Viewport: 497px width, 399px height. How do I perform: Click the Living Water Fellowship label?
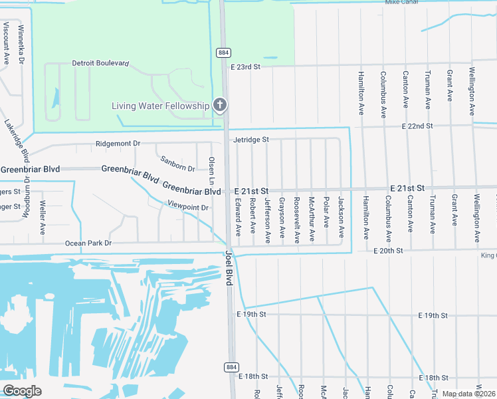pyautogui.click(x=160, y=106)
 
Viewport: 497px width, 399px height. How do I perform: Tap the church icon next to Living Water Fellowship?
pyautogui.click(x=220, y=105)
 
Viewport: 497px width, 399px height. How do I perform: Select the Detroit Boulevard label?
pyautogui.click(x=100, y=64)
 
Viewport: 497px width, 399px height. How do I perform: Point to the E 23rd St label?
pyautogui.click(x=246, y=67)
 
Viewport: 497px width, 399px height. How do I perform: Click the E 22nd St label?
pyautogui.click(x=417, y=126)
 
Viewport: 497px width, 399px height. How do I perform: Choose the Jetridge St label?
pyautogui.click(x=250, y=140)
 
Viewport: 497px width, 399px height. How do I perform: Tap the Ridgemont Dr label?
pyautogui.click(x=118, y=143)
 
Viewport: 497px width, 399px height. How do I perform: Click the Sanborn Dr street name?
pyautogui.click(x=178, y=164)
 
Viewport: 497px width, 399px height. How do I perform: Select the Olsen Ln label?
pyautogui.click(x=212, y=170)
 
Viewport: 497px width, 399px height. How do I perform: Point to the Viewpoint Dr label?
pyautogui.click(x=188, y=207)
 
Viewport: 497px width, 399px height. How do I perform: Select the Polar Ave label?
pyautogui.click(x=326, y=211)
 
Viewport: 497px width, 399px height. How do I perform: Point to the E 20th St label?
pyautogui.click(x=389, y=251)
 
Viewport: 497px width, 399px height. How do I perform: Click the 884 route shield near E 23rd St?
pyautogui.click(x=223, y=52)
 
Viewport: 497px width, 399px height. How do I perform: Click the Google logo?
pyautogui.click(x=22, y=391)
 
